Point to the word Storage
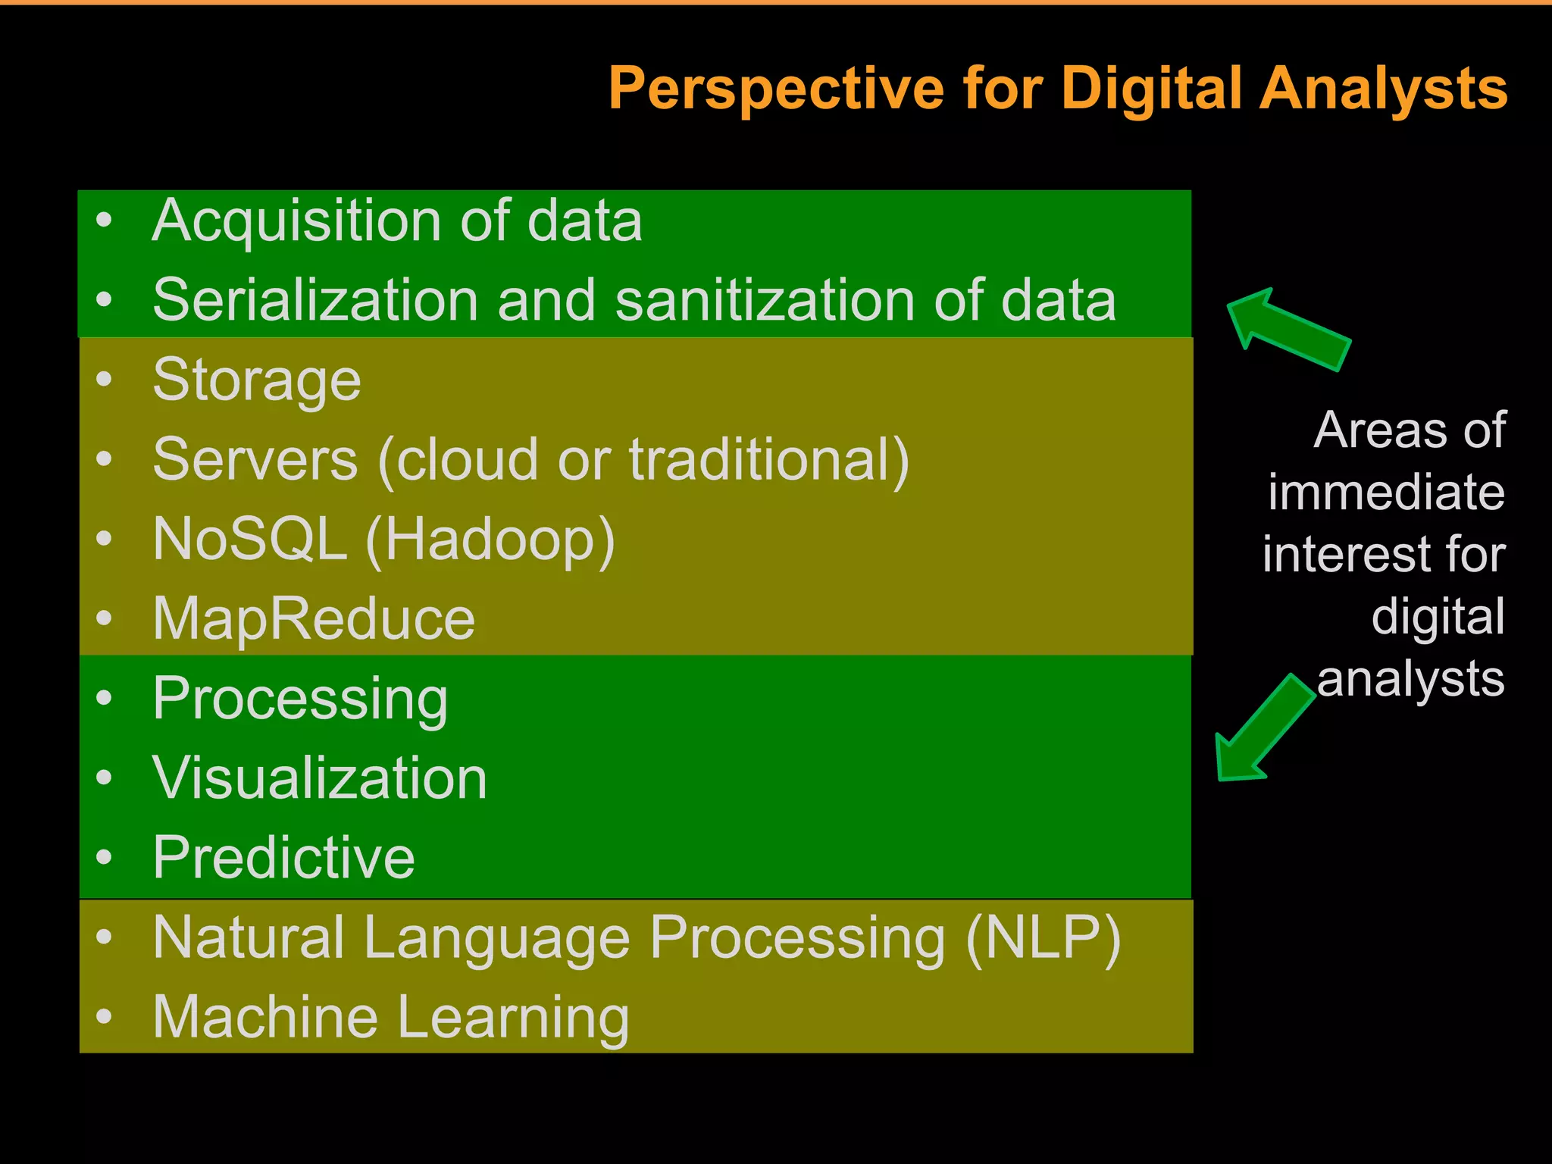coord(257,381)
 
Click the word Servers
coord(255,460)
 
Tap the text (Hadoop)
coord(490,540)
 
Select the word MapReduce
coord(314,619)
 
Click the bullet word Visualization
coord(319,778)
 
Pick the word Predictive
coord(283,858)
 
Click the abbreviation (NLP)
coord(1043,938)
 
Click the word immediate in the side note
coord(1386,493)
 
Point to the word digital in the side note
coord(1438,616)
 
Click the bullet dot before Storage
coord(105,380)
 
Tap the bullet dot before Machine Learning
coord(105,1016)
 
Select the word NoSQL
coord(249,540)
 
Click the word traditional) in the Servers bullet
coord(769,460)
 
